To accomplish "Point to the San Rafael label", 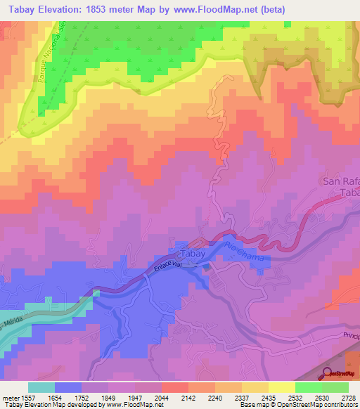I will pos(341,181).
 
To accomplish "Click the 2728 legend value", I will pos(347,397).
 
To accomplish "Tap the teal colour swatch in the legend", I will pos(41,387).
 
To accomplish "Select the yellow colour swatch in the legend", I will pos(281,387).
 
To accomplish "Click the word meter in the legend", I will pos(11,397).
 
